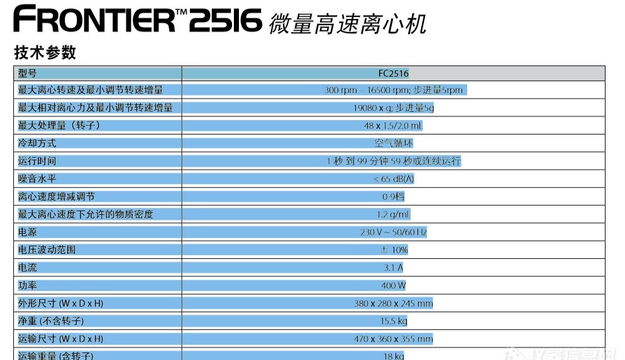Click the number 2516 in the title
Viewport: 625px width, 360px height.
pyautogui.click(x=224, y=19)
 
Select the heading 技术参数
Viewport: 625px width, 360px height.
pyautogui.click(x=45, y=52)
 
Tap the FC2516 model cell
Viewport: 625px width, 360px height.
pyautogui.click(x=394, y=73)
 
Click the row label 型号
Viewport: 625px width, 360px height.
pyautogui.click(x=28, y=73)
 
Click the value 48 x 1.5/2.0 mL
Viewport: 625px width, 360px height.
pyautogui.click(x=394, y=126)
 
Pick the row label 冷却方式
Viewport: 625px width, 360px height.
pyautogui.click(x=37, y=143)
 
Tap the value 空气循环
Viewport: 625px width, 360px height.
pyautogui.click(x=394, y=143)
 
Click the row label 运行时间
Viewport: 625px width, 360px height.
pyautogui.click(x=37, y=161)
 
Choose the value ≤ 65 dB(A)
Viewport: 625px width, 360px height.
pyautogui.click(x=394, y=178)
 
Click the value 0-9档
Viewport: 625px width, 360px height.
pyautogui.click(x=394, y=197)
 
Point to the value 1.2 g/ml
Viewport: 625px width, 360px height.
pyautogui.click(x=394, y=214)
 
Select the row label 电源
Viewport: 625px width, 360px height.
pyautogui.click(x=28, y=232)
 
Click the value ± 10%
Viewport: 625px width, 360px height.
pyautogui.click(x=394, y=249)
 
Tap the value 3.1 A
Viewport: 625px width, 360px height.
pyautogui.click(x=394, y=268)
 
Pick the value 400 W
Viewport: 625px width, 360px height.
pyautogui.click(x=394, y=285)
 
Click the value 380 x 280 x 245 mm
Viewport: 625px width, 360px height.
pyautogui.click(x=394, y=303)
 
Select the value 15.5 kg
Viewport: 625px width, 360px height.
pyautogui.click(x=394, y=321)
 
